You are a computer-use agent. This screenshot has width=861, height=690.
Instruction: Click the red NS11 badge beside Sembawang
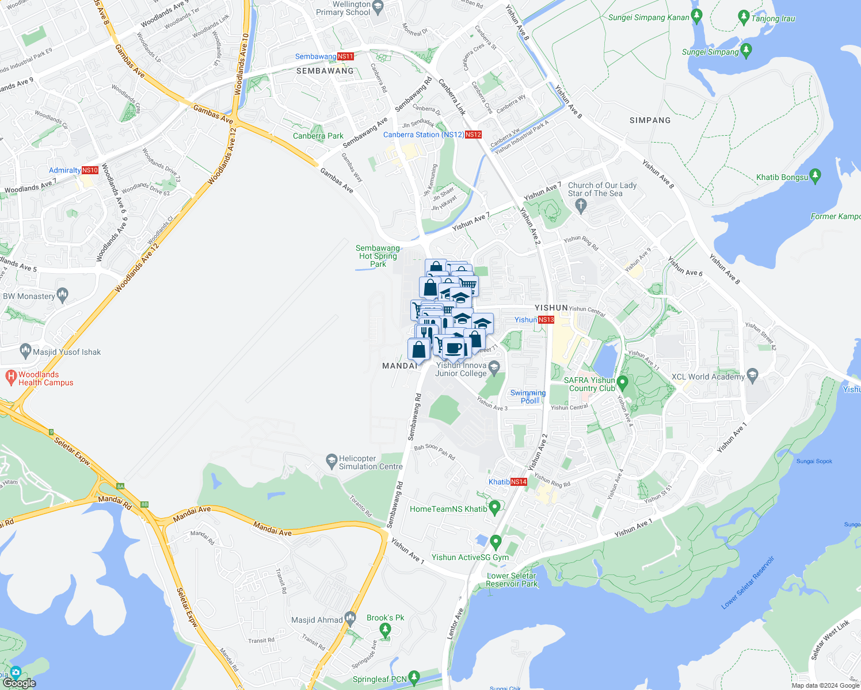pos(345,56)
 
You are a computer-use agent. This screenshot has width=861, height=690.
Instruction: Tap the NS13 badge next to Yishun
pos(546,320)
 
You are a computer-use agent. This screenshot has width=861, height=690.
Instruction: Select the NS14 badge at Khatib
pos(519,482)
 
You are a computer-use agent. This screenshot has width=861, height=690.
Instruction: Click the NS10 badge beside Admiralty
pos(90,170)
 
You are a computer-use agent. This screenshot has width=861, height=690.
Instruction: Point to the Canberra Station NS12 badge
pos(473,135)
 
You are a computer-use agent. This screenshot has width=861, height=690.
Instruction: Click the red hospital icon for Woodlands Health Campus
pos(10,377)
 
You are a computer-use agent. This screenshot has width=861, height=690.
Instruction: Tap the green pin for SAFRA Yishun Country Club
pos(622,382)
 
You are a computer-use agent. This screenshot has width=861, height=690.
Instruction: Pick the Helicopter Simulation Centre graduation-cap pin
pos(331,461)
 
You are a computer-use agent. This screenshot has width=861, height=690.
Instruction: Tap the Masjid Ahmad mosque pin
pos(351,619)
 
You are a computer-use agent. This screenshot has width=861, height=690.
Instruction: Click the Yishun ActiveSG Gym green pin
pos(496,542)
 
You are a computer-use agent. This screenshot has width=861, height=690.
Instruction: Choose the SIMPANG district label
pos(650,120)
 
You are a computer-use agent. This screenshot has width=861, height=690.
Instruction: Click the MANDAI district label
pos(399,366)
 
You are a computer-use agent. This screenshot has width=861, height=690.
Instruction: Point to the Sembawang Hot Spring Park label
pos(378,256)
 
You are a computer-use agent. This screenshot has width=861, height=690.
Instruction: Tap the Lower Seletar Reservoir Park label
pos(511,580)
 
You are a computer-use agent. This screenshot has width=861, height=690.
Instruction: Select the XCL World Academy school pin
pos(752,375)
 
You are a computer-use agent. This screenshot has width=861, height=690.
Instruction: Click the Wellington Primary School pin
pos(378,7)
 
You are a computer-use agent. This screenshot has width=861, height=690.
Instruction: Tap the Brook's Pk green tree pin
pos(386,630)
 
